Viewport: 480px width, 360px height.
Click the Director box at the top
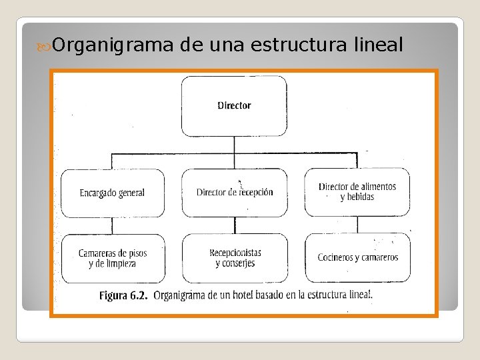234,105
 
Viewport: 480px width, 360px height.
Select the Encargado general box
112,193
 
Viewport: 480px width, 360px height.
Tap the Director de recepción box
235,193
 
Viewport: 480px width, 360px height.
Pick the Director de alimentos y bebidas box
357,192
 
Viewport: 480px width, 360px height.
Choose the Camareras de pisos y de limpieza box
113,258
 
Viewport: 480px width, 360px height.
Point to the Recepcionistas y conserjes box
235,258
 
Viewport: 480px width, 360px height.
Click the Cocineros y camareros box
357,257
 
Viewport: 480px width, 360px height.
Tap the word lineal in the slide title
375,45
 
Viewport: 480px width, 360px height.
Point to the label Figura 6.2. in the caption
123,295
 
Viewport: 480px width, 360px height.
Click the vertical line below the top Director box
234,145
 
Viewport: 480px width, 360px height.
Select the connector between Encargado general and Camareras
112,225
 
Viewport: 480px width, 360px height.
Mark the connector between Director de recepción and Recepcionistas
235,225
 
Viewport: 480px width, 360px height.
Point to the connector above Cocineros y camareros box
357,225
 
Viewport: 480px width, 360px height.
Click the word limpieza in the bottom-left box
120,263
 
